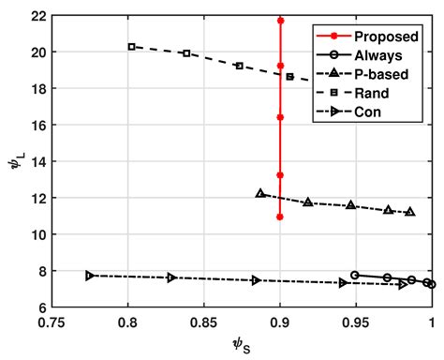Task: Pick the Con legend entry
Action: (369, 113)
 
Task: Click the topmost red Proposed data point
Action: (280, 20)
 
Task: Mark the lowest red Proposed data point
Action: (280, 217)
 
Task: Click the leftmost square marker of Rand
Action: (132, 47)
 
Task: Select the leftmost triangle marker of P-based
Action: (260, 193)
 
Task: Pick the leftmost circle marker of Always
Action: (354, 275)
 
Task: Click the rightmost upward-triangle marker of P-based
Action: (410, 212)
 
